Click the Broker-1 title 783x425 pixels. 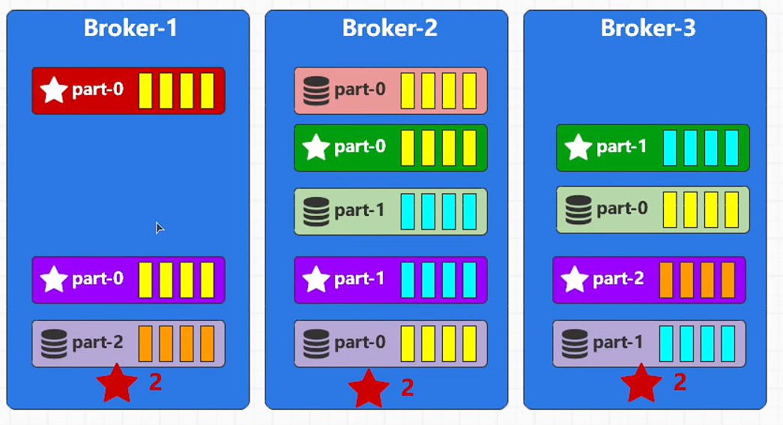pyautogui.click(x=130, y=28)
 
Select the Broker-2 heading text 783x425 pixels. pyautogui.click(x=390, y=28)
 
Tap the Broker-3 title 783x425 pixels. pyautogui.click(x=648, y=28)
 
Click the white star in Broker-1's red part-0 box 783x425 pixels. pyautogui.click(x=54, y=91)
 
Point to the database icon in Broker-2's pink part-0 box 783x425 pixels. pyautogui.click(x=316, y=91)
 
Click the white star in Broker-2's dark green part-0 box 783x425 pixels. pyautogui.click(x=316, y=147)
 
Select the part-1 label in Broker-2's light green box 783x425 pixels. pyautogui.click(x=360, y=211)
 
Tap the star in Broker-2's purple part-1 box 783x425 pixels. pyautogui.click(x=316, y=280)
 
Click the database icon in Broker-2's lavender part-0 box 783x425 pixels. pyautogui.click(x=316, y=343)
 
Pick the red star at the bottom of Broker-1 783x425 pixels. pyautogui.click(x=117, y=384)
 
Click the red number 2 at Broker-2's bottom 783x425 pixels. pyautogui.click(x=408, y=388)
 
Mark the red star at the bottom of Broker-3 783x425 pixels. pyautogui.click(x=641, y=384)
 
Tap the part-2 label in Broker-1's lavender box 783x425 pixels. pyautogui.click(x=97, y=343)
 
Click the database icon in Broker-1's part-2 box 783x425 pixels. pyautogui.click(x=54, y=343)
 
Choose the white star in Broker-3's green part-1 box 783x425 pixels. pyautogui.click(x=578, y=147)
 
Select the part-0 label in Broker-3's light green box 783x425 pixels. pyautogui.click(x=622, y=209)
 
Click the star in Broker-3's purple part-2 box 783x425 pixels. pyautogui.click(x=575, y=280)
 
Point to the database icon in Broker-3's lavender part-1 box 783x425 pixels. pyautogui.click(x=575, y=343)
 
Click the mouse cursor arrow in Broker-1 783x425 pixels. pyautogui.click(x=160, y=228)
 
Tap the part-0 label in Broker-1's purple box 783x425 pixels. pyautogui.click(x=97, y=280)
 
